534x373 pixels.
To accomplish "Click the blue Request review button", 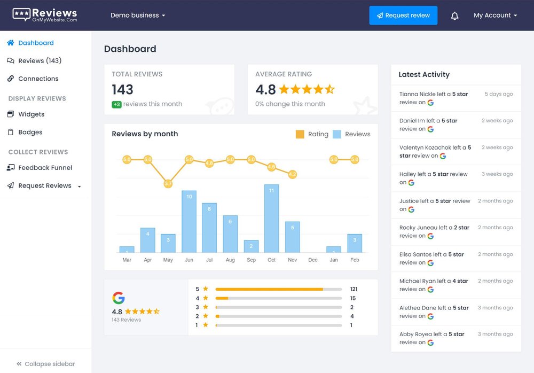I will [403, 15].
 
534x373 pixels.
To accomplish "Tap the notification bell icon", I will [454, 16].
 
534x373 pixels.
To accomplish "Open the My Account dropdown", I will [495, 15].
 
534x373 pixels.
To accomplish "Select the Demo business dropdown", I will [137, 15].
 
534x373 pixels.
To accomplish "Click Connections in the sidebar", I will [38, 79].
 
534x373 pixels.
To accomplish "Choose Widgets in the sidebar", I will [31, 114].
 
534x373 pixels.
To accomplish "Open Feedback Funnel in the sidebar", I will [45, 168].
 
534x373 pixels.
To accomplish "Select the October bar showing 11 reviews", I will [271, 219].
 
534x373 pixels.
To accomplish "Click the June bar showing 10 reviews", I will [189, 221].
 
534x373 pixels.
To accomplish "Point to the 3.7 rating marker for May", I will [168, 184].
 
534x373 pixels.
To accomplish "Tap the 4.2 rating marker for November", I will [292, 174].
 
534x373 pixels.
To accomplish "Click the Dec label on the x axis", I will [313, 260].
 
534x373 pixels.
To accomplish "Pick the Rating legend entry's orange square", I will [300, 134].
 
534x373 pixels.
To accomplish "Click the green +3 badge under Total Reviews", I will [116, 104].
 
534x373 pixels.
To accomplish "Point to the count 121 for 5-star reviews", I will [354, 289].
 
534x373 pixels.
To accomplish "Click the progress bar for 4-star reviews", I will [278, 298].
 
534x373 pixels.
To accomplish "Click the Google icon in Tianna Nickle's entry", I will [430, 103].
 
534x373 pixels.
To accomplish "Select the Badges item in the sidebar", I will [30, 132].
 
